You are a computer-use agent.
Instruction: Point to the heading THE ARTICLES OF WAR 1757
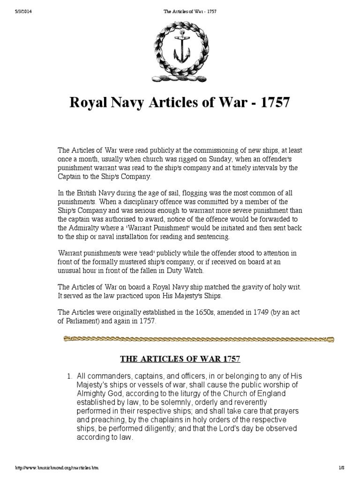(180, 360)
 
